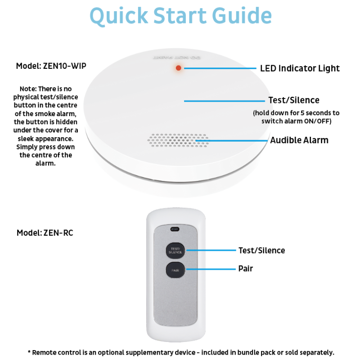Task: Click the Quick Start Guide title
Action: (x=180, y=16)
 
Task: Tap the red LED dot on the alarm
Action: (x=178, y=68)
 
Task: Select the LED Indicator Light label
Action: (x=300, y=68)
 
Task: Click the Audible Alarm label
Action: (x=299, y=140)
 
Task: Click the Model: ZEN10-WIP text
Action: (x=51, y=66)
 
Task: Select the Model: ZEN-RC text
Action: (x=45, y=233)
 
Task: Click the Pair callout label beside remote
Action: (x=245, y=269)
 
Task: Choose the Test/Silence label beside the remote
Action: (x=261, y=250)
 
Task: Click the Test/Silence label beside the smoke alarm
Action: (x=294, y=100)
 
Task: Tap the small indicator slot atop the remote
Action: (x=175, y=229)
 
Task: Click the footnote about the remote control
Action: (x=180, y=352)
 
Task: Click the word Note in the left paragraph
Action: (x=28, y=89)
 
